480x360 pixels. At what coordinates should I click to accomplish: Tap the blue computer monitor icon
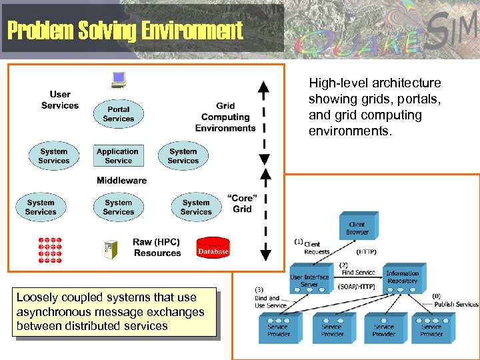pyautogui.click(x=119, y=81)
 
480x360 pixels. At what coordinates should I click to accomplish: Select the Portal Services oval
pyautogui.click(x=119, y=114)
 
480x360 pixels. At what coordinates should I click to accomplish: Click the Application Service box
pyautogui.click(x=118, y=156)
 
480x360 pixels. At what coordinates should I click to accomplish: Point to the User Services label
pyautogui.click(x=59, y=100)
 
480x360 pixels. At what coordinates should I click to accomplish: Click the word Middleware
pyautogui.click(x=121, y=180)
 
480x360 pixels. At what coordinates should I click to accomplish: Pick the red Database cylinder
pyautogui.click(x=213, y=249)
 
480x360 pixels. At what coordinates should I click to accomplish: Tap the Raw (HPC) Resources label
pyautogui.click(x=157, y=247)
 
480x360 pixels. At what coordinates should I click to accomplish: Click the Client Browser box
pyautogui.click(x=357, y=229)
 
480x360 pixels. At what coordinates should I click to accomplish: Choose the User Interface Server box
pyautogui.click(x=309, y=280)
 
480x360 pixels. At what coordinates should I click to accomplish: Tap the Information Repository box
pyautogui.click(x=403, y=277)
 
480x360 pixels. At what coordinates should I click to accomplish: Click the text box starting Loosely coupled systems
pyautogui.click(x=111, y=311)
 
